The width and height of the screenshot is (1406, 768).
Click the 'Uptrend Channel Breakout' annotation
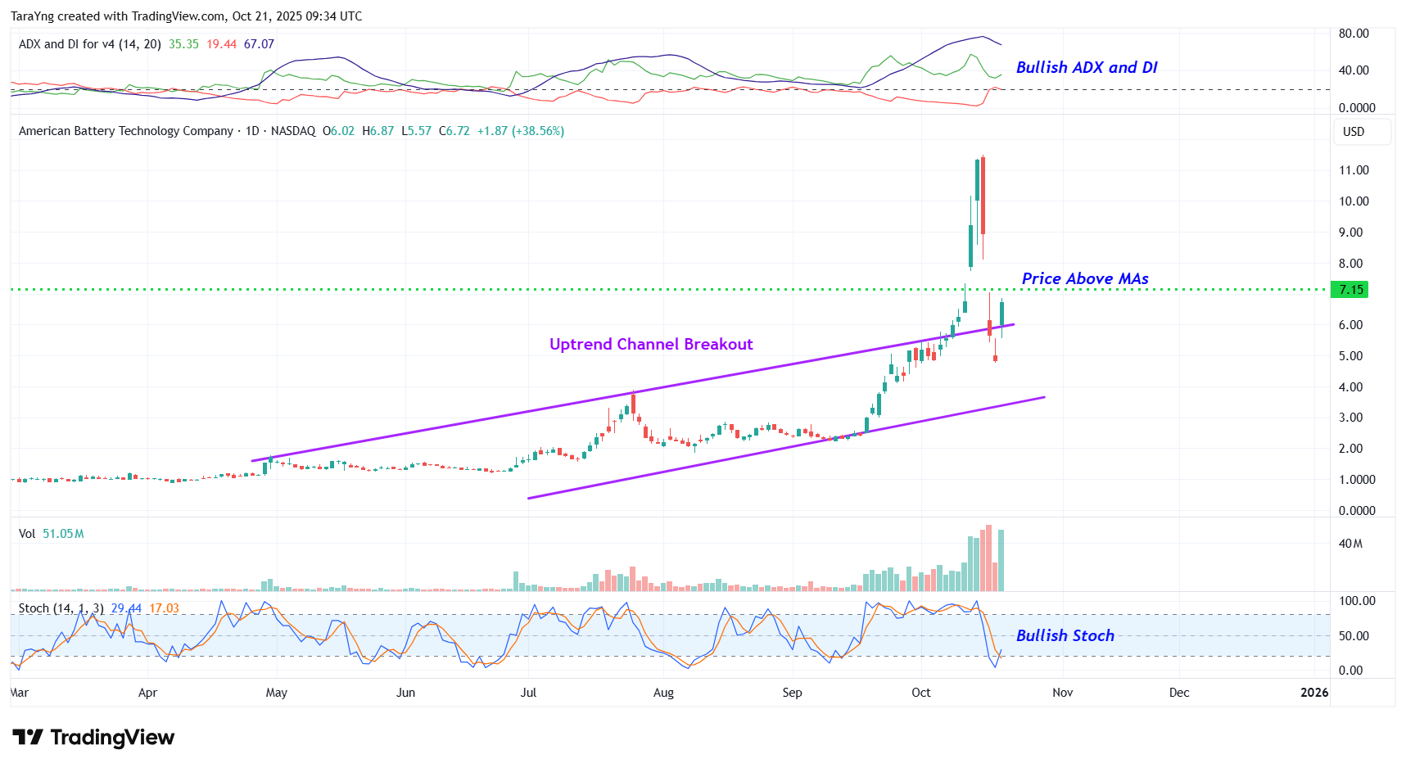pos(651,345)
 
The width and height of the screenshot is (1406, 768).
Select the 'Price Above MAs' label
pos(1084,279)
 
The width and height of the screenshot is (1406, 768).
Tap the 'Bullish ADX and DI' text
pos(1086,68)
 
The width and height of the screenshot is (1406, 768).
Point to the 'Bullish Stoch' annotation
pos(1065,636)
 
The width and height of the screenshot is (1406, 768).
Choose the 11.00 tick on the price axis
pos(1354,170)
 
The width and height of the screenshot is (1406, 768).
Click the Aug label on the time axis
pos(663,693)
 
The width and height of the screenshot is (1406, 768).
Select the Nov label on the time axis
pos(1062,693)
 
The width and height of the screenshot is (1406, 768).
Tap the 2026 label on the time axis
pos(1314,693)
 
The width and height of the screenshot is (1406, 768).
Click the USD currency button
pos(1354,132)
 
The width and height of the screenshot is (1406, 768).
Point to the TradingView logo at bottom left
pos(93,738)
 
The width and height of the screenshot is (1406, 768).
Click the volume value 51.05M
pos(63,534)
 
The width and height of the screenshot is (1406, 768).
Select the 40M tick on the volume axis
pos(1350,544)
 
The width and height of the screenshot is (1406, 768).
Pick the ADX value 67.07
pos(259,44)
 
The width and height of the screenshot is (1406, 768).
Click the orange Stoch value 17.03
pos(164,608)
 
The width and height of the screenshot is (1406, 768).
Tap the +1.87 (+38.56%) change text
pos(521,131)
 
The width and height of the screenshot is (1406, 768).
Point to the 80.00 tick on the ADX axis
pos(1354,34)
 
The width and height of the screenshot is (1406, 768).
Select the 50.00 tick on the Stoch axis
pos(1354,636)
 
